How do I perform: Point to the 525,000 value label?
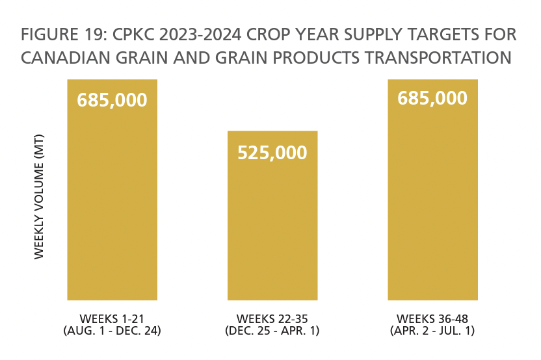pos(272,153)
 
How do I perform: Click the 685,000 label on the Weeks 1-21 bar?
pos(112,101)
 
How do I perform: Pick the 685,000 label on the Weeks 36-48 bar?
pos(432,98)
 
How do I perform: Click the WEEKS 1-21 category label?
pos(112,318)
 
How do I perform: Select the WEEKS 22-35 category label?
pos(272,318)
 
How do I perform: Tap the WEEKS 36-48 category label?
pos(432,318)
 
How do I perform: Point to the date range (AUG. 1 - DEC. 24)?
pos(112,330)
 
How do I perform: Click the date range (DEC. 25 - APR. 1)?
pos(272,330)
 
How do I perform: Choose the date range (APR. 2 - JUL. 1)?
pos(432,330)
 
